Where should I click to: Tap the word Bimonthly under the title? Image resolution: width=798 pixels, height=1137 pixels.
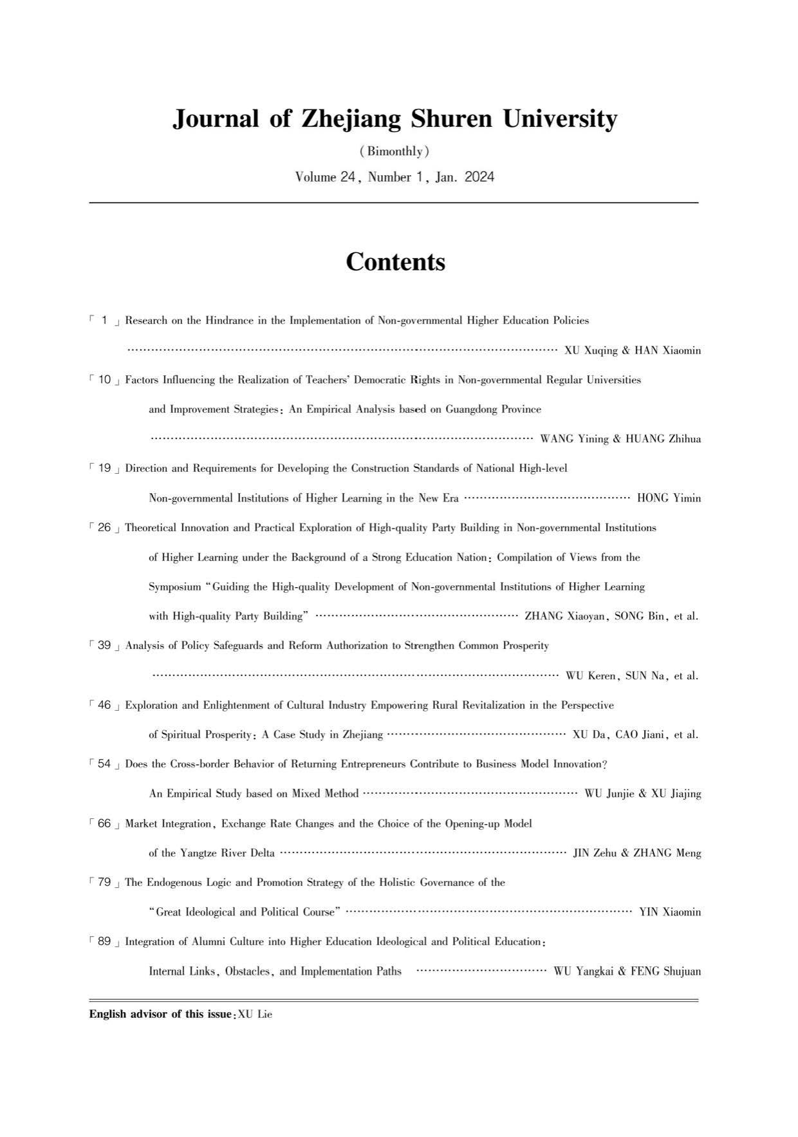pos(394,152)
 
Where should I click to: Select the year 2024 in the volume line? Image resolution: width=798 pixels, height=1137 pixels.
pos(479,177)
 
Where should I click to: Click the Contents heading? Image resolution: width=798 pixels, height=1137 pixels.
pos(395,262)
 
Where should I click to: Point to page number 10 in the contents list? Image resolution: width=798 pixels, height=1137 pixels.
pos(104,380)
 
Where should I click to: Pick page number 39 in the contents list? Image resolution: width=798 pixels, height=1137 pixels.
pos(104,646)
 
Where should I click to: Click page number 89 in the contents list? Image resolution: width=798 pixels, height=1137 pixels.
pos(104,942)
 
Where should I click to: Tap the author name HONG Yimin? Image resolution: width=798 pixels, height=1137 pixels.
pos(669,498)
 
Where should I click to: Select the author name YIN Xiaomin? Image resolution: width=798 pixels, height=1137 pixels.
pos(670,912)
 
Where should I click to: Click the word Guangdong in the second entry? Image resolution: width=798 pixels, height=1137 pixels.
pos(454,409)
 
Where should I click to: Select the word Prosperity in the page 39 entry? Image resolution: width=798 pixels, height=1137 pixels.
pos(523,646)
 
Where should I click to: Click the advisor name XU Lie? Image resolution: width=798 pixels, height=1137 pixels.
pos(255,1015)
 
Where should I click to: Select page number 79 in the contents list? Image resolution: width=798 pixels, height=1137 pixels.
pos(104,883)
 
